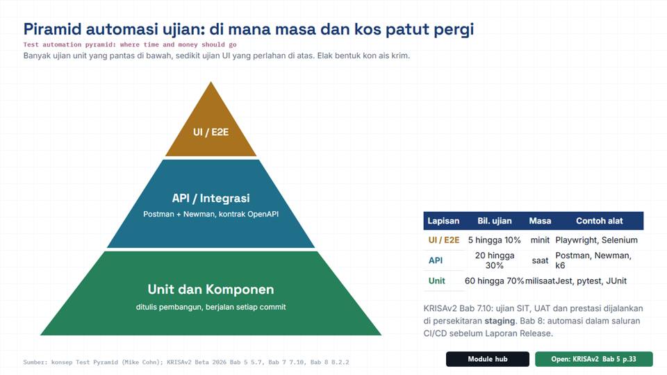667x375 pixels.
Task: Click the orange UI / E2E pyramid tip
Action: click(211, 128)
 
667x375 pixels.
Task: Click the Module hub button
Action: click(488, 359)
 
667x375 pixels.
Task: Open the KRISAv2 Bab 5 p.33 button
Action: click(594, 359)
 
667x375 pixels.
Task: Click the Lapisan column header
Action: click(443, 221)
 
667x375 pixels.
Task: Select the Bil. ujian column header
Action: click(494, 221)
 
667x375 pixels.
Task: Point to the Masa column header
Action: click(540, 221)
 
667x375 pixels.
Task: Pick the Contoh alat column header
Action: click(600, 221)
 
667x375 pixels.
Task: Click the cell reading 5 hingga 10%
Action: click(494, 240)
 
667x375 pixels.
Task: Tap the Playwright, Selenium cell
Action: click(596, 240)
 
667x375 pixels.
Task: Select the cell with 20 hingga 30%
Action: click(494, 260)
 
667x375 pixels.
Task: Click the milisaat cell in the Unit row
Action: click(540, 281)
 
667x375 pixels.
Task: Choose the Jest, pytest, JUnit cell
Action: click(591, 281)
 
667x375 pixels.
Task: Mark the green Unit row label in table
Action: click(436, 281)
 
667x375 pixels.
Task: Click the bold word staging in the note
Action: click(500, 322)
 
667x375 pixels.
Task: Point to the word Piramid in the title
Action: click(52, 29)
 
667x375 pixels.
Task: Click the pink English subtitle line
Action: click(130, 44)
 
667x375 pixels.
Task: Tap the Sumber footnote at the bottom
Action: click(186, 362)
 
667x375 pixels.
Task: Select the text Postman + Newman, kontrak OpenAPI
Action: click(211, 215)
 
